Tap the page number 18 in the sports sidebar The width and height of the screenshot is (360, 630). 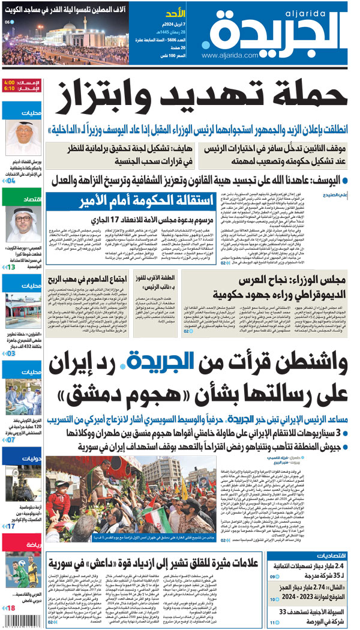(11, 608)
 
